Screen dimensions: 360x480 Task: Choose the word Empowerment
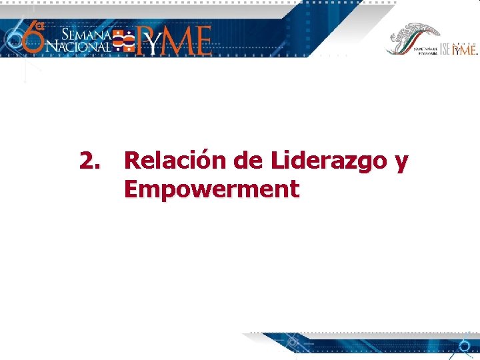pyautogui.click(x=211, y=190)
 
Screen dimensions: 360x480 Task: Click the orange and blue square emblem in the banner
pyautogui.click(x=123, y=41)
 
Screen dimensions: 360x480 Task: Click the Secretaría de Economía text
pyautogui.click(x=424, y=51)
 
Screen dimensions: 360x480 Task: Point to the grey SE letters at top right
pyautogui.click(x=445, y=49)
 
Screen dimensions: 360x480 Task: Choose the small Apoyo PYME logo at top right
pyautogui.click(x=465, y=49)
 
